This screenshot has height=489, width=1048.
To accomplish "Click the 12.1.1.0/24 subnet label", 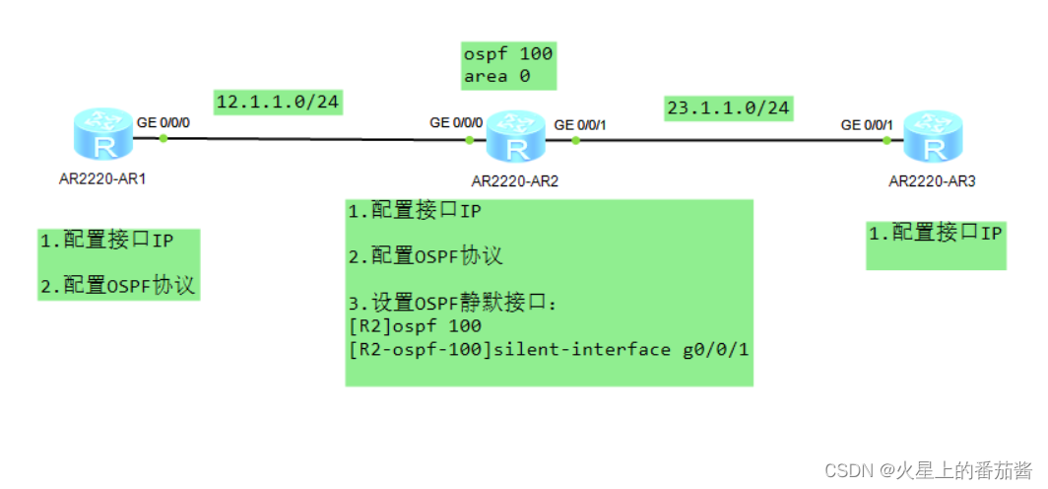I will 277,102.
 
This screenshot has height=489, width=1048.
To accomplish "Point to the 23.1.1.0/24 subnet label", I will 728,107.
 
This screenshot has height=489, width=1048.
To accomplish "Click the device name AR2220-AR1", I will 102,180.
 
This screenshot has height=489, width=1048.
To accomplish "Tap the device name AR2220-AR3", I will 932,181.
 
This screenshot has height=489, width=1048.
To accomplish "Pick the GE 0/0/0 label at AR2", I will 456,123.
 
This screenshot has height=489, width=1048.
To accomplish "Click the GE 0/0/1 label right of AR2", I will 580,124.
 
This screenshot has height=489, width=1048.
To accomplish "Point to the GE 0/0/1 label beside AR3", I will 867,124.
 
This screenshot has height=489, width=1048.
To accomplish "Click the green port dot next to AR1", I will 164,139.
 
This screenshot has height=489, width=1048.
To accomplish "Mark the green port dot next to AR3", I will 886,140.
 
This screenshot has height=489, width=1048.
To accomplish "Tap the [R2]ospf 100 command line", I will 415,326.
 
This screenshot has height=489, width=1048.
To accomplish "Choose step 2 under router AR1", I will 117,286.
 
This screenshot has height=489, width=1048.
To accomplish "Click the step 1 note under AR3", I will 935,234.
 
